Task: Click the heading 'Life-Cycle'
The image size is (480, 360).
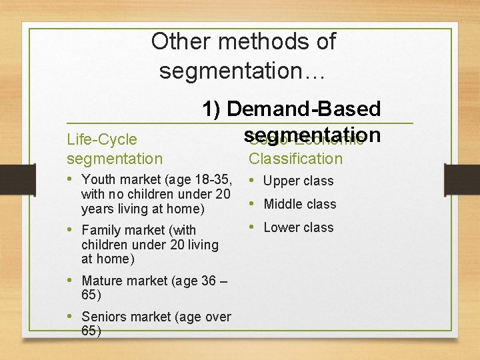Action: (102, 139)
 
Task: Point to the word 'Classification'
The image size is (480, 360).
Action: (295, 158)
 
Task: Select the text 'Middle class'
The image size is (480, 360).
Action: (300, 204)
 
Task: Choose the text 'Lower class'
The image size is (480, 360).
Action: (299, 227)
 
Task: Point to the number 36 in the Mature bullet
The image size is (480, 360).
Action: (208, 281)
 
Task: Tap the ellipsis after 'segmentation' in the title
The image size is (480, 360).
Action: (314, 70)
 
